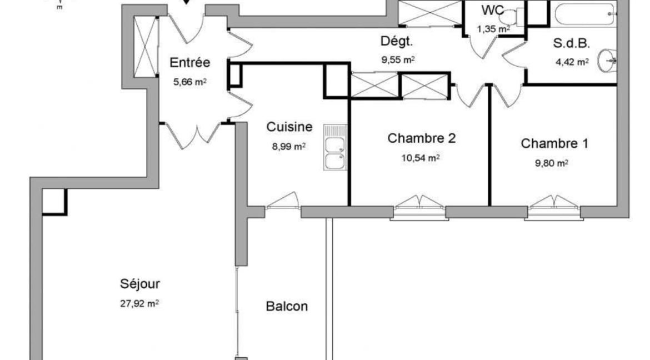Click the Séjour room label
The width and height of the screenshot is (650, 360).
click(x=139, y=284)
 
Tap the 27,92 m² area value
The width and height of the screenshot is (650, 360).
click(x=139, y=303)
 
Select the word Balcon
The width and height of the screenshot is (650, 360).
click(x=287, y=307)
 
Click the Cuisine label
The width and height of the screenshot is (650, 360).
click(x=289, y=127)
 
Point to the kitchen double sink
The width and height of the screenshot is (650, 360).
click(x=335, y=147)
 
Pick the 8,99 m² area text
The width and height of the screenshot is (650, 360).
click(x=289, y=147)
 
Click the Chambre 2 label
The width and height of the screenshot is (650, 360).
click(x=421, y=138)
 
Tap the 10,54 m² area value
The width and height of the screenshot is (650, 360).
click(x=421, y=158)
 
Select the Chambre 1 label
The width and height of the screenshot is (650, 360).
click(x=554, y=143)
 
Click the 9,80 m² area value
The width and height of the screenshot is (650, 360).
click(x=551, y=163)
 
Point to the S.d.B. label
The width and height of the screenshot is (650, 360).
click(x=571, y=43)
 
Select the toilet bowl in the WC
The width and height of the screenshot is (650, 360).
click(x=511, y=17)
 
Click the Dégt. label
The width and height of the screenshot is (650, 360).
click(x=397, y=42)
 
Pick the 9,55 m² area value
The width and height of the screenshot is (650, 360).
click(x=398, y=60)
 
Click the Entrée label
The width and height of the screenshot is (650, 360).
click(x=190, y=63)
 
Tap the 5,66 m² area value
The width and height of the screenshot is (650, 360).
click(x=190, y=82)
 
